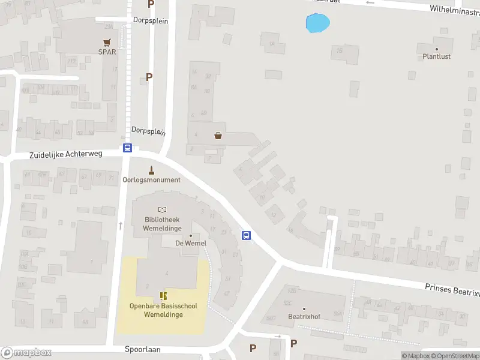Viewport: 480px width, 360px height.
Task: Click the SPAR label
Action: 107,52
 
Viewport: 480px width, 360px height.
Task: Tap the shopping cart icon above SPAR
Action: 107,42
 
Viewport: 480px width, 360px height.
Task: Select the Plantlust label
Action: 436,56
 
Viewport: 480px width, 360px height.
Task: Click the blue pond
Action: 317,23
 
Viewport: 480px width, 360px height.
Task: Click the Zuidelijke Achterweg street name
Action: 66,154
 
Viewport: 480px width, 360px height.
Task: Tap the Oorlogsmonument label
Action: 151,179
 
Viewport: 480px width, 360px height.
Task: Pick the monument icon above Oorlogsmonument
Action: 151,169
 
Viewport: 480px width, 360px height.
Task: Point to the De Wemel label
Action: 190,243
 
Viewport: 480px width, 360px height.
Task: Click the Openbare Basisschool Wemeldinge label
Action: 163,310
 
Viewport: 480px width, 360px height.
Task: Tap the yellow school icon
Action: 163,295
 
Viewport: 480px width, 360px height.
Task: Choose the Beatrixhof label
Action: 304,316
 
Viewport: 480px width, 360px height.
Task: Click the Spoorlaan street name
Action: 143,349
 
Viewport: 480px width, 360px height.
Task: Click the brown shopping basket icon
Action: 218,136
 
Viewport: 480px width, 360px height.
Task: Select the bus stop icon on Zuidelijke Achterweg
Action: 127,148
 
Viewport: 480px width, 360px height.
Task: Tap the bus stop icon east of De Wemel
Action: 246,235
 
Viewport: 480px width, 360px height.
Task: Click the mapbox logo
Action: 26,353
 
